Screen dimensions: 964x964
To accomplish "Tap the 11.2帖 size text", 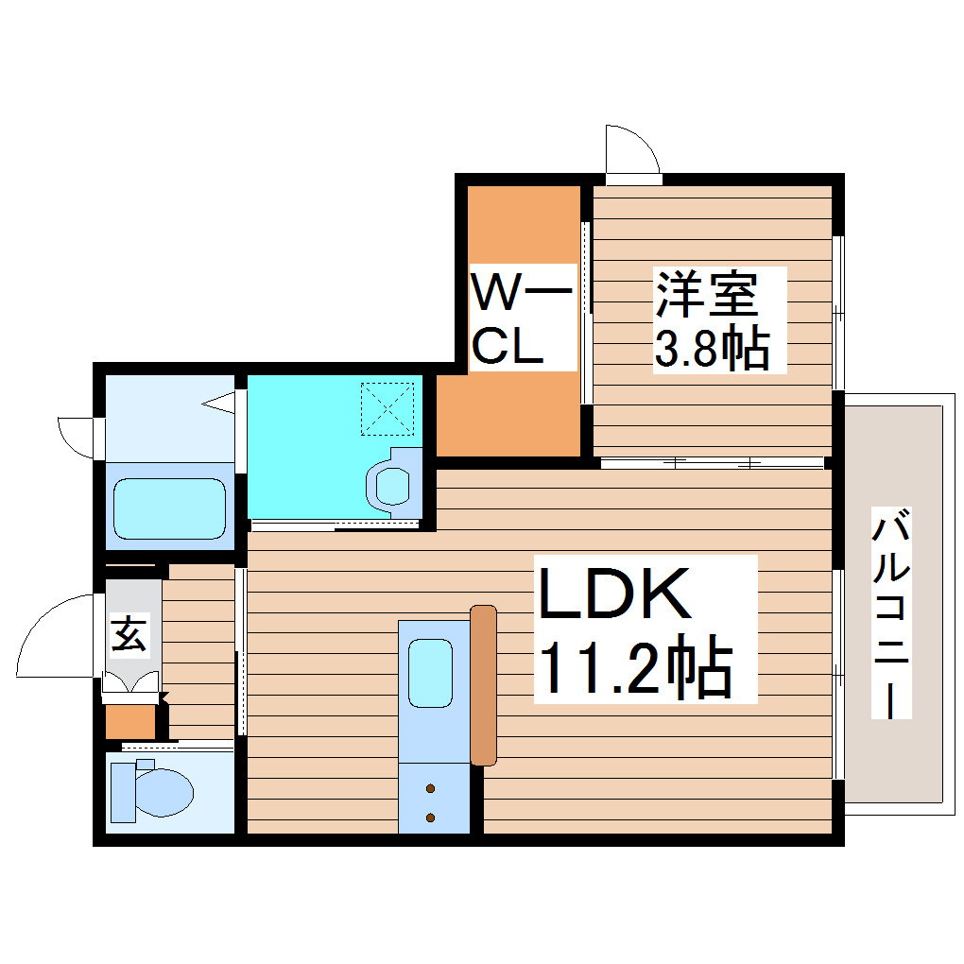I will pos(635,670).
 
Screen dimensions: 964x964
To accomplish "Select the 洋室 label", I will pos(708,294).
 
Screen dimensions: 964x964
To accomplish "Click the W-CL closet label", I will pos(521,318).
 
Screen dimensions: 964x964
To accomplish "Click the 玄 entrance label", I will pos(130,634).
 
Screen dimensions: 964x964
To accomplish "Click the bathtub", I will pos(169,508).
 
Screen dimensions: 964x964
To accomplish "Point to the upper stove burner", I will pos(431,788).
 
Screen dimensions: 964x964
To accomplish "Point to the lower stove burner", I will pos(431,817).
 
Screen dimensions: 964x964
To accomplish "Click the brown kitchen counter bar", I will pos(483,684).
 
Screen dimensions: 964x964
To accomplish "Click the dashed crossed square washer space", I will pos(388,407).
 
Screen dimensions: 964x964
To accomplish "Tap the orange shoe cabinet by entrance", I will pos(129,721).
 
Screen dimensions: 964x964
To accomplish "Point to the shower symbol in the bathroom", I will pos(219,405).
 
